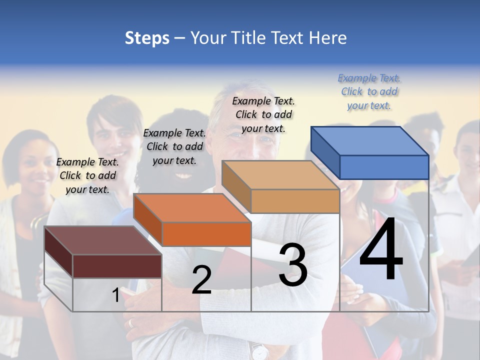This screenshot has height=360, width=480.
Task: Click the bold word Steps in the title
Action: (147, 38)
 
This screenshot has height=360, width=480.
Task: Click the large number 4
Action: (381, 250)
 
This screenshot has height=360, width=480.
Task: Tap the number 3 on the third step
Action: (293, 264)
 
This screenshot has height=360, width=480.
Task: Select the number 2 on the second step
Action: (201, 280)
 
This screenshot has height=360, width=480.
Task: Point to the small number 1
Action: (115, 295)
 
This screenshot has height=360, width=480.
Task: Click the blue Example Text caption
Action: (369, 92)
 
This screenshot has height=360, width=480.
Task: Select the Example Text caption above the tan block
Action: (263, 115)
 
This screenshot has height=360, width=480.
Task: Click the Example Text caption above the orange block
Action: (174, 147)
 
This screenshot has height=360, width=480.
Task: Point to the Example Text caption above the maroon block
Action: (87, 175)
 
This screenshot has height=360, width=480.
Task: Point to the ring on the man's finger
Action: (131, 322)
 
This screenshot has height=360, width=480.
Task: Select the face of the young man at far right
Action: (467, 150)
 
